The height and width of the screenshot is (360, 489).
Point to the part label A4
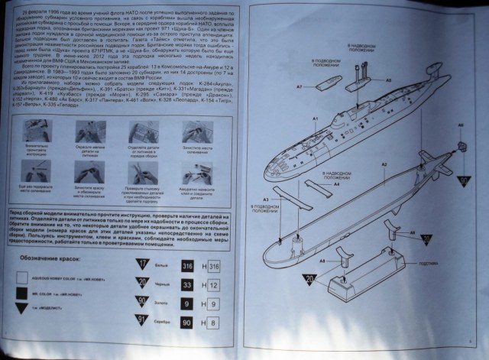point(335,183)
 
